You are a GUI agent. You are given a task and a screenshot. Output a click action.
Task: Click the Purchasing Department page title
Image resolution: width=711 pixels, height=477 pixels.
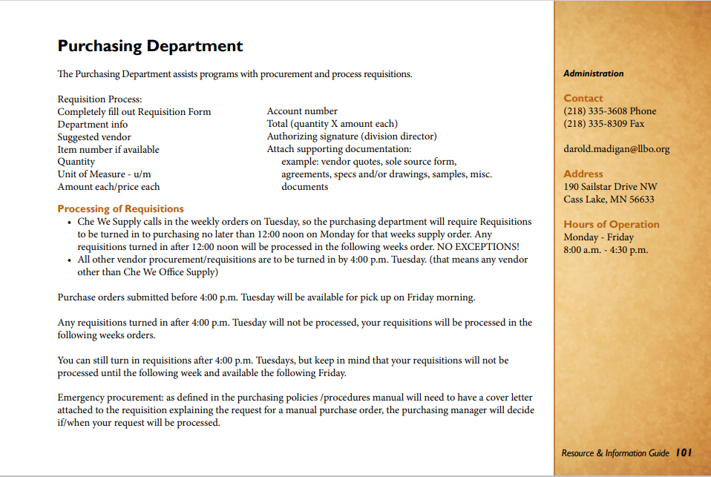(x=150, y=46)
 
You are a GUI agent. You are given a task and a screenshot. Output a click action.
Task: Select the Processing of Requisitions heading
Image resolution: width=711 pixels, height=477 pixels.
(x=120, y=209)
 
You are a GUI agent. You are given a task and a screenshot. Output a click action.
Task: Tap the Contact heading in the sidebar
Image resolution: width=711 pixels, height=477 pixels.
(x=583, y=98)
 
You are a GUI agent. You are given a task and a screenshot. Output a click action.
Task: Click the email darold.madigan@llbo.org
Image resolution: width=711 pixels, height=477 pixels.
(x=616, y=149)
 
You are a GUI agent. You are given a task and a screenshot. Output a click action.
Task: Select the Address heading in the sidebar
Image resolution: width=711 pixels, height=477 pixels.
(x=583, y=174)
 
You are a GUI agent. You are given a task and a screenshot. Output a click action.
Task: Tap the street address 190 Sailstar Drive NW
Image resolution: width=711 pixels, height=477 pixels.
(x=610, y=187)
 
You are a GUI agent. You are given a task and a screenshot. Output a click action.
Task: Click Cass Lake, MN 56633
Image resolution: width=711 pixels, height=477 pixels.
(x=609, y=200)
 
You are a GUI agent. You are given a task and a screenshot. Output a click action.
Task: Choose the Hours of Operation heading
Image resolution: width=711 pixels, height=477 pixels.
(x=611, y=225)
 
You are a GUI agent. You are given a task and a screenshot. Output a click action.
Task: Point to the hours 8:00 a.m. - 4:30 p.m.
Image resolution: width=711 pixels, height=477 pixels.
(x=606, y=250)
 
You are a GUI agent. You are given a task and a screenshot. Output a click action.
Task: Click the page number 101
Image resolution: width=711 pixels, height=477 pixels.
(x=684, y=453)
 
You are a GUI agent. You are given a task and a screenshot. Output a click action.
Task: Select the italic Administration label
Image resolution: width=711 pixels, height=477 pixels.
(x=593, y=73)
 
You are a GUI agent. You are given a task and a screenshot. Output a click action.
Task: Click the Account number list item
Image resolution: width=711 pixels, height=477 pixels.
(x=302, y=111)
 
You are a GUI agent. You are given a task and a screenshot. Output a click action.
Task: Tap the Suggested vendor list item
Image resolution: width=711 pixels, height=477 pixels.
(x=94, y=136)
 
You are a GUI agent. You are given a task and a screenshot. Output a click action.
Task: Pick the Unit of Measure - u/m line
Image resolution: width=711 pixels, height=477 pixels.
(x=104, y=174)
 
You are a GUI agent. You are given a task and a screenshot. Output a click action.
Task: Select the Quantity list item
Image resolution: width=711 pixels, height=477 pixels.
(x=76, y=162)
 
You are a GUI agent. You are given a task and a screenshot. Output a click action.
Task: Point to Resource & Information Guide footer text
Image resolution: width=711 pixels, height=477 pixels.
(x=615, y=453)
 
